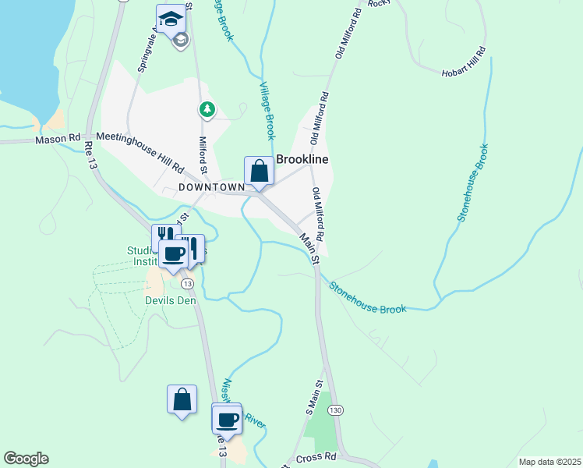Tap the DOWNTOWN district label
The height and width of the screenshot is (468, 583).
[211, 187]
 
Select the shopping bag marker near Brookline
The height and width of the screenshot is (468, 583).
[259, 172]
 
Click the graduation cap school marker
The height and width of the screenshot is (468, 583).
[171, 19]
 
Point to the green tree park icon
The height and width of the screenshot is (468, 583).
[207, 109]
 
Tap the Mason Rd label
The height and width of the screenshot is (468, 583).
[58, 140]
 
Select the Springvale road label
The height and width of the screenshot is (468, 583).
[144, 51]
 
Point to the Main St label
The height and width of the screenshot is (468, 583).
[310, 248]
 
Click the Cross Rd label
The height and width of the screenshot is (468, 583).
[315, 459]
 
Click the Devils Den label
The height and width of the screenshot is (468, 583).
[170, 300]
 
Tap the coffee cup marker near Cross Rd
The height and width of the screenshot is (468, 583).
[227, 419]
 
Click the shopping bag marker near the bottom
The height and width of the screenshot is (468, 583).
[182, 400]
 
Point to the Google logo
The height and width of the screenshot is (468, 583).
[26, 459]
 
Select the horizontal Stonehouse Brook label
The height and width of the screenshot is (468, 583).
[367, 298]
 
